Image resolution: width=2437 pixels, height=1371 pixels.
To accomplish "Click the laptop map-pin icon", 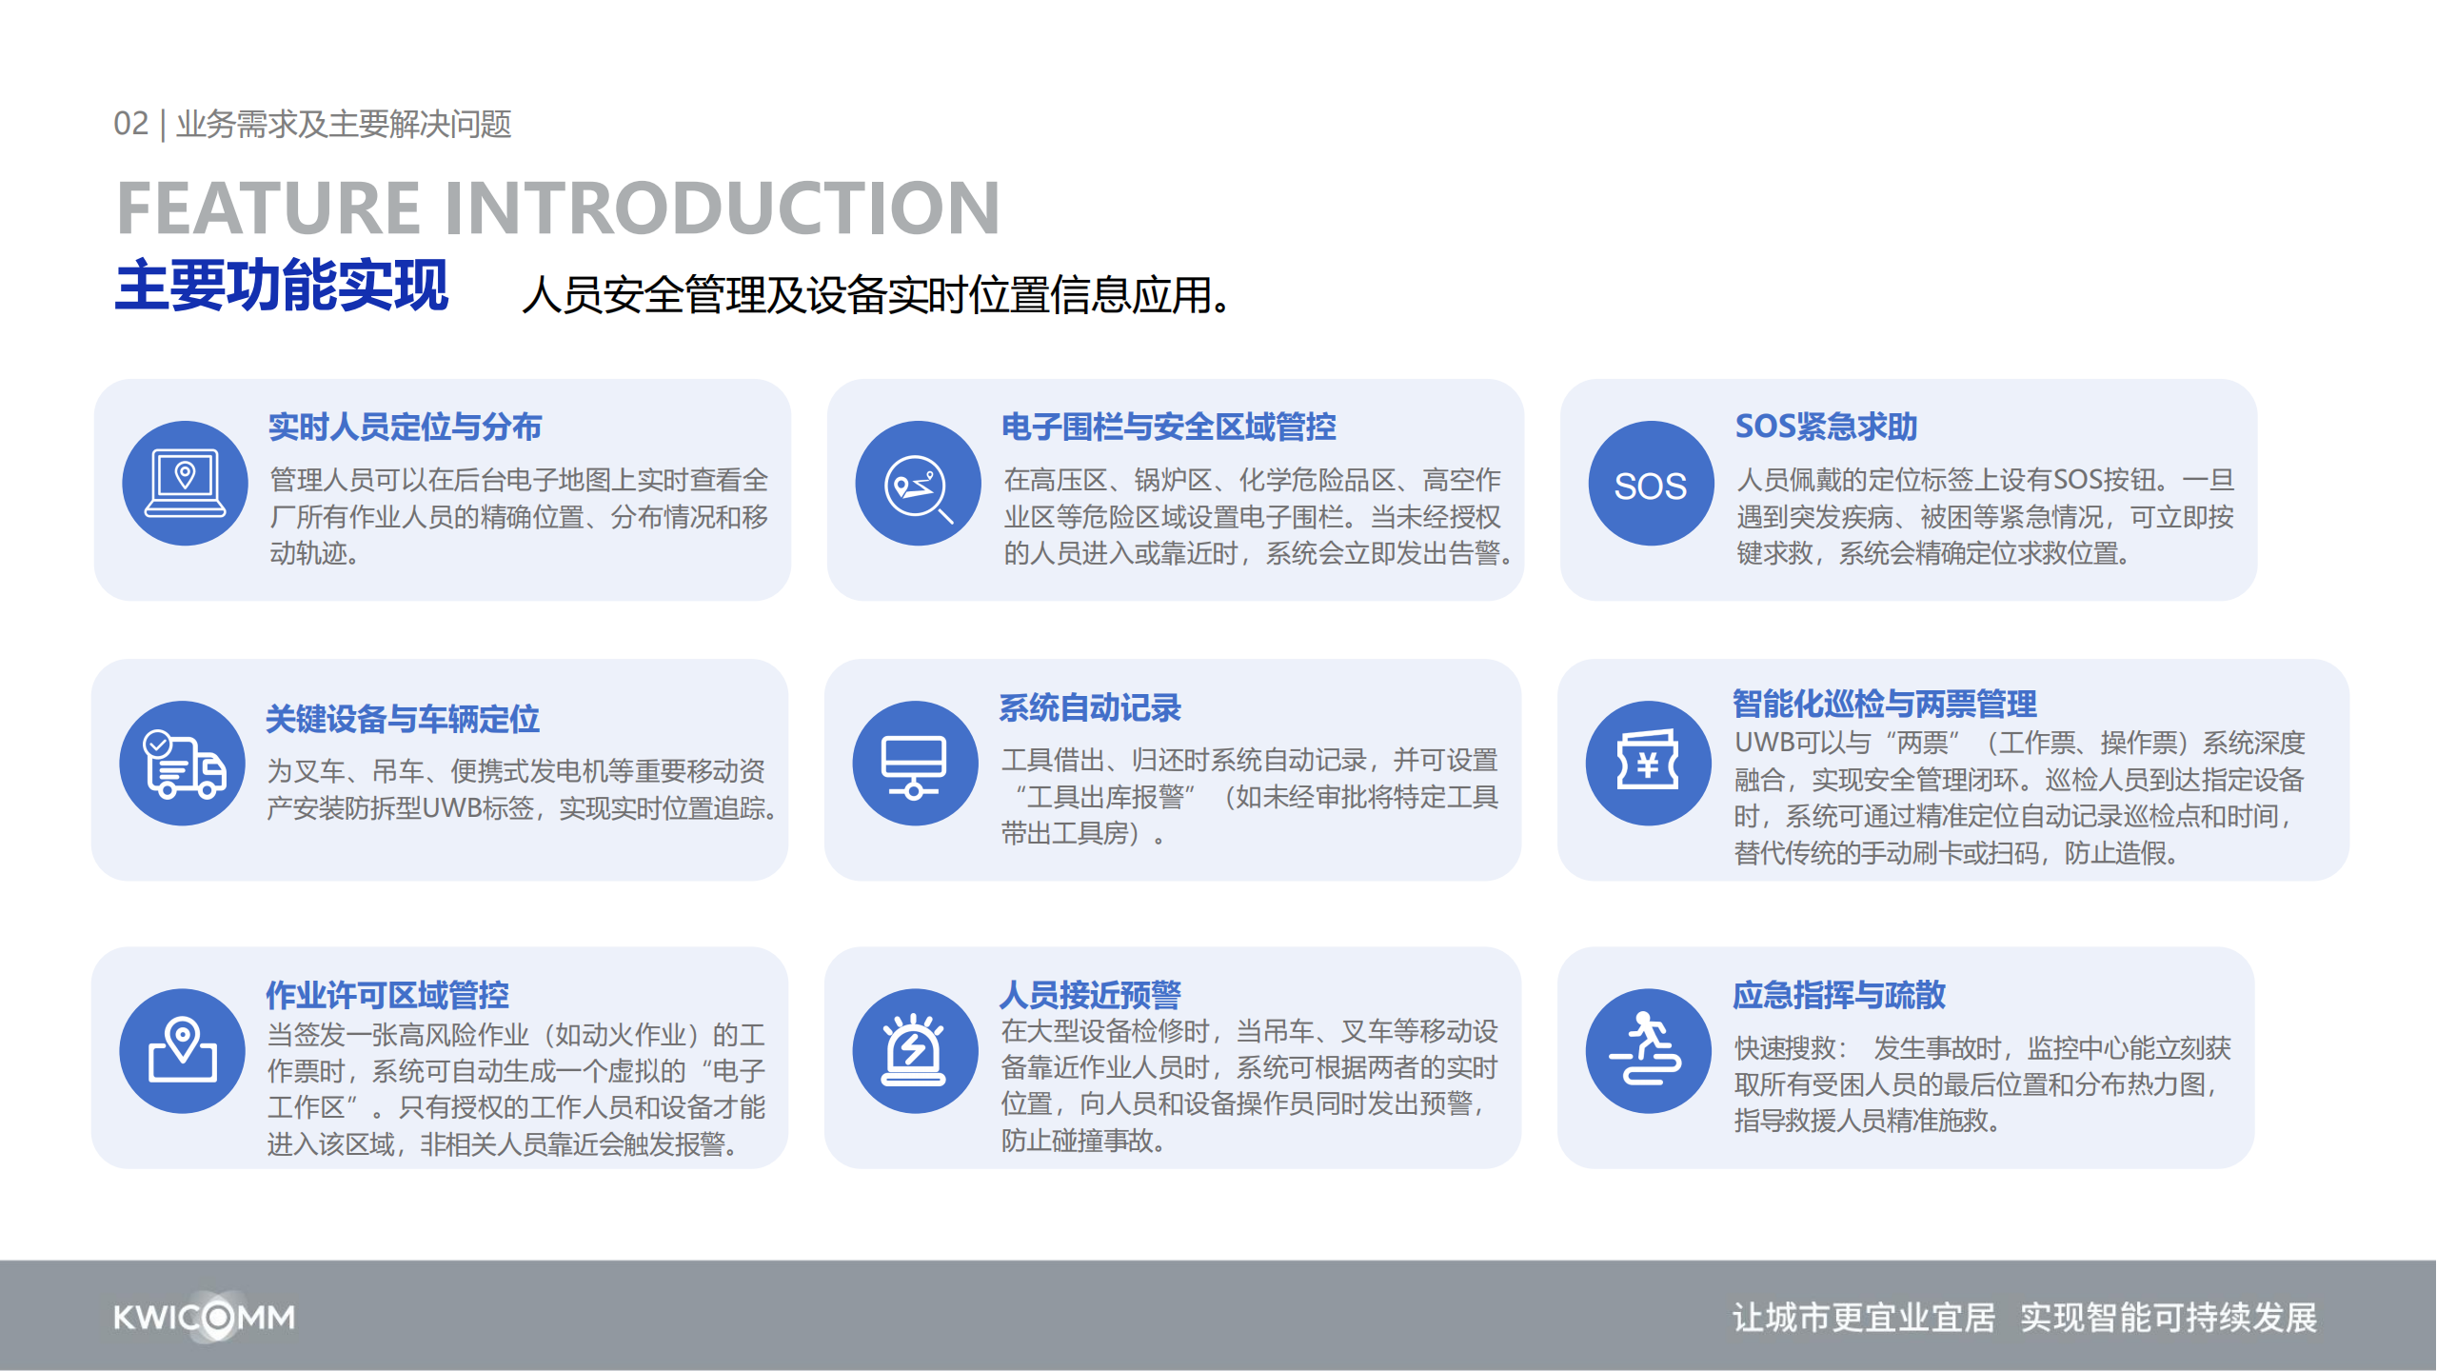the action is coord(185,484).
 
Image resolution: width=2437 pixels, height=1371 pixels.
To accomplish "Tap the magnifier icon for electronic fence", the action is coord(918,484).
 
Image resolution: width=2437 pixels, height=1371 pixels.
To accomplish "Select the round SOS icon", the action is coord(1651,484).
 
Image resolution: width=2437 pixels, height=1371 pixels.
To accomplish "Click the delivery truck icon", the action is coord(183,764).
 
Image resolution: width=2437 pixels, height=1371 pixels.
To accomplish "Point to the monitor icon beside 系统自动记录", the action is coord(915,764).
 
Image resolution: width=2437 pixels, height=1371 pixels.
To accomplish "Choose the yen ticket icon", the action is coord(1648,764).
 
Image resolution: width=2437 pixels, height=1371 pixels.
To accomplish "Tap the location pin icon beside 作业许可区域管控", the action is coord(183,1051).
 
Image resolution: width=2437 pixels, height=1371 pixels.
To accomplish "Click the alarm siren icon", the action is coord(915,1051).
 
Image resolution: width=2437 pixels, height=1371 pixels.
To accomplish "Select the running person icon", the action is coord(1648,1051).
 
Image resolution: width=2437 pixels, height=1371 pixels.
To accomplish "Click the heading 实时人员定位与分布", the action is coord(406,427).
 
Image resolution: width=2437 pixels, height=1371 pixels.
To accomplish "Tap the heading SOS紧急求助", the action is coord(1826,427).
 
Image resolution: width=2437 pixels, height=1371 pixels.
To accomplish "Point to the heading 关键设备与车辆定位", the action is coord(403,719).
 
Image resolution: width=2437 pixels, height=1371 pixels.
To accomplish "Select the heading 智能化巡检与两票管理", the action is coord(1885,704).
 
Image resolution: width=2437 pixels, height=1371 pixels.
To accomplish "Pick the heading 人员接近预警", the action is coord(1090,995).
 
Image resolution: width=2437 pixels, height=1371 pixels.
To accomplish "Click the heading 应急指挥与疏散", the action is coord(1839,995).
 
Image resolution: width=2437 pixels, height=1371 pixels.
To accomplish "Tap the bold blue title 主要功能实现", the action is coord(282,286).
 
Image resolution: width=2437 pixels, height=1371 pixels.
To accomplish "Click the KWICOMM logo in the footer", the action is coord(205,1318).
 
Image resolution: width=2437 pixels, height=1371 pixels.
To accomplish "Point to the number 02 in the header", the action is coord(131,124).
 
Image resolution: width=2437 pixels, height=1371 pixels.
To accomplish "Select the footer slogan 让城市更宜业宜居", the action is coord(1864,1318).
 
